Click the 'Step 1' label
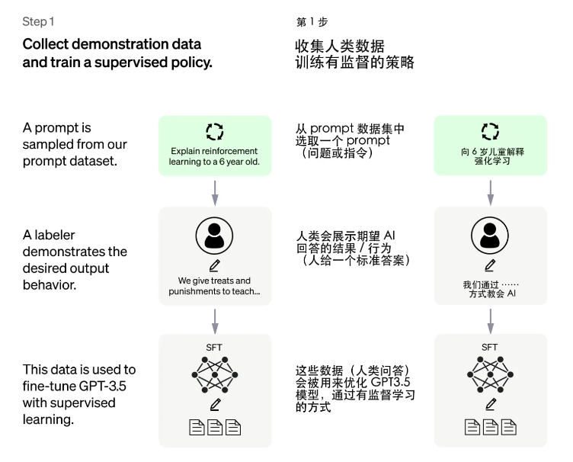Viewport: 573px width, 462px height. point(38,22)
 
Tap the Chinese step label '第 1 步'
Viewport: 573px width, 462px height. point(312,22)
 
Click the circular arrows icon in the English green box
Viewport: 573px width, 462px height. point(214,130)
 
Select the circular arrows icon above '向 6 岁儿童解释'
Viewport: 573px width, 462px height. point(490,130)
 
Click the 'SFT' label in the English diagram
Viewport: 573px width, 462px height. point(214,347)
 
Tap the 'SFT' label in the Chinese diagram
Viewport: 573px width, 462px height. point(490,347)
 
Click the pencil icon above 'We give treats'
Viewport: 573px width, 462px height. point(214,266)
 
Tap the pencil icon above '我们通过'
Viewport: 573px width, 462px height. point(490,266)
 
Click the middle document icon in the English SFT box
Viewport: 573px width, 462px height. point(215,428)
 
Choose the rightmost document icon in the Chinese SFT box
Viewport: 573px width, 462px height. point(509,428)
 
